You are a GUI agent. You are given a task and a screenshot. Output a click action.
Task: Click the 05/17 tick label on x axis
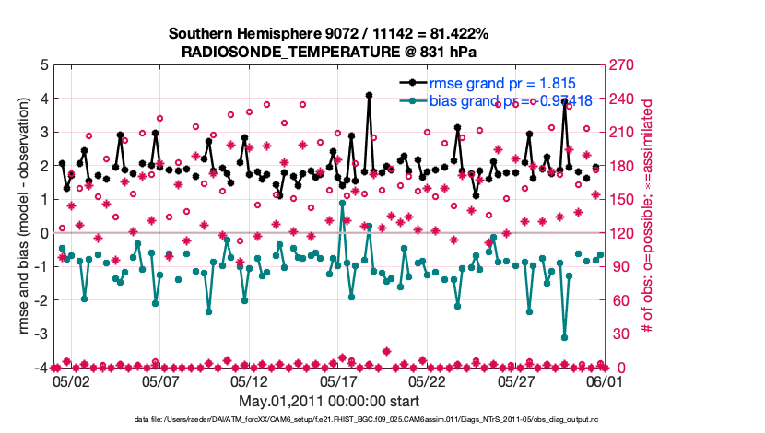coord(337,380)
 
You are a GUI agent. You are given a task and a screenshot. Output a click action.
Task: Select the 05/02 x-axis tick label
coord(71,380)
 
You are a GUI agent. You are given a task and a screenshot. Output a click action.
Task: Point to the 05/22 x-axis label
coord(427,380)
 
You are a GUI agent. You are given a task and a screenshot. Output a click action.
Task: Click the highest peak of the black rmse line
coord(369,95)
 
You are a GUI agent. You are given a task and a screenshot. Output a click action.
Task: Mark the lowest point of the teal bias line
coord(564,338)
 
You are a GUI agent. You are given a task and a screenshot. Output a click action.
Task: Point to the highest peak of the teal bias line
coord(342,204)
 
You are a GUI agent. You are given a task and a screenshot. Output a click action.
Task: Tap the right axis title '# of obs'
coord(648,216)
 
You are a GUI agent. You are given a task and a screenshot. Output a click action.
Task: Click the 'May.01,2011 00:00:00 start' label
coord(329,401)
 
